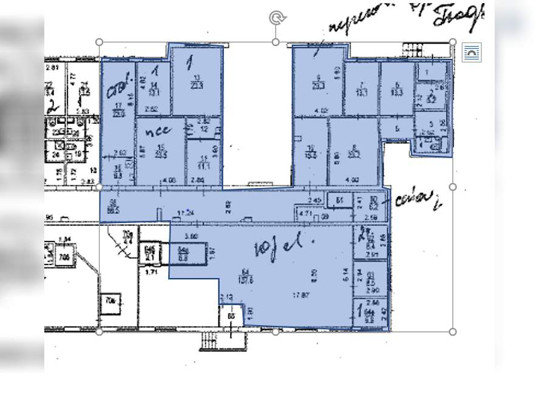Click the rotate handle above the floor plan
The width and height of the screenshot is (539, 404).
[x=277, y=18]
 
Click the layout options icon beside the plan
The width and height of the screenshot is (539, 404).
[x=471, y=53]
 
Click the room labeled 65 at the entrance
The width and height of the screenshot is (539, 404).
[x=231, y=316]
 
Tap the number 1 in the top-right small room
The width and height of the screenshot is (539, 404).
[x=427, y=72]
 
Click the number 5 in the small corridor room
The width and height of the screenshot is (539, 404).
[x=397, y=128]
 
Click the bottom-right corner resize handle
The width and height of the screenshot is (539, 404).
[x=453, y=332]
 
